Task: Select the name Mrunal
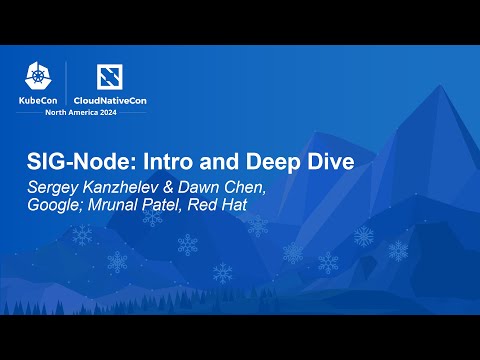[x=122, y=207]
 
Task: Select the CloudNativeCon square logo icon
[x=109, y=77]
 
